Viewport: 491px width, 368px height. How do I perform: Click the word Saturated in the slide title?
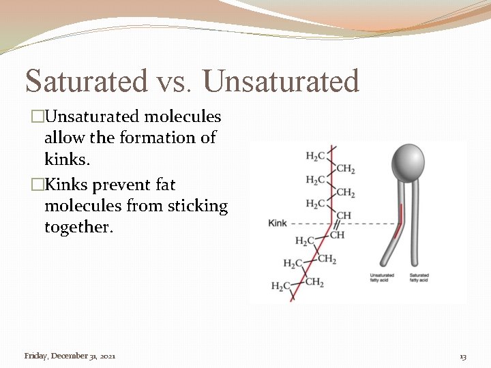pos(85,81)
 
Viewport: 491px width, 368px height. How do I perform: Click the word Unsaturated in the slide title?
pos(280,81)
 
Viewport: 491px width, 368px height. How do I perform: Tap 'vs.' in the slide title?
pos(175,82)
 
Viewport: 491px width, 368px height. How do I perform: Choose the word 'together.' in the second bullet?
pos(77,227)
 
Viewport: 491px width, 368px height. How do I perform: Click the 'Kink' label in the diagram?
pos(278,223)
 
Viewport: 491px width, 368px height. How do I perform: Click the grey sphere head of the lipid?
pos(407,162)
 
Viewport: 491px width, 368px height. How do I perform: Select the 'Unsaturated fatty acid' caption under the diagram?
pos(380,277)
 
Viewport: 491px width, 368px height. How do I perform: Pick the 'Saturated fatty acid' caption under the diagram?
pos(419,277)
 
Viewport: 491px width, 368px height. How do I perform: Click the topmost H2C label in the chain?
pos(316,156)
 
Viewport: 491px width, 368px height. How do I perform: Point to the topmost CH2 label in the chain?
pos(345,169)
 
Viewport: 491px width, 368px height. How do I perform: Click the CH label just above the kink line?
pos(344,215)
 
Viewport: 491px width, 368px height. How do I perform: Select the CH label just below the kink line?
pos(338,235)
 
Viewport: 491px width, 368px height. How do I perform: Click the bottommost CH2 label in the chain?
pos(314,282)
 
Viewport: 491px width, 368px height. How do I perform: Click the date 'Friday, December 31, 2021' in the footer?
pos(70,356)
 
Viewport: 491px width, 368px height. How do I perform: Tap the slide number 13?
pos(463,356)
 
